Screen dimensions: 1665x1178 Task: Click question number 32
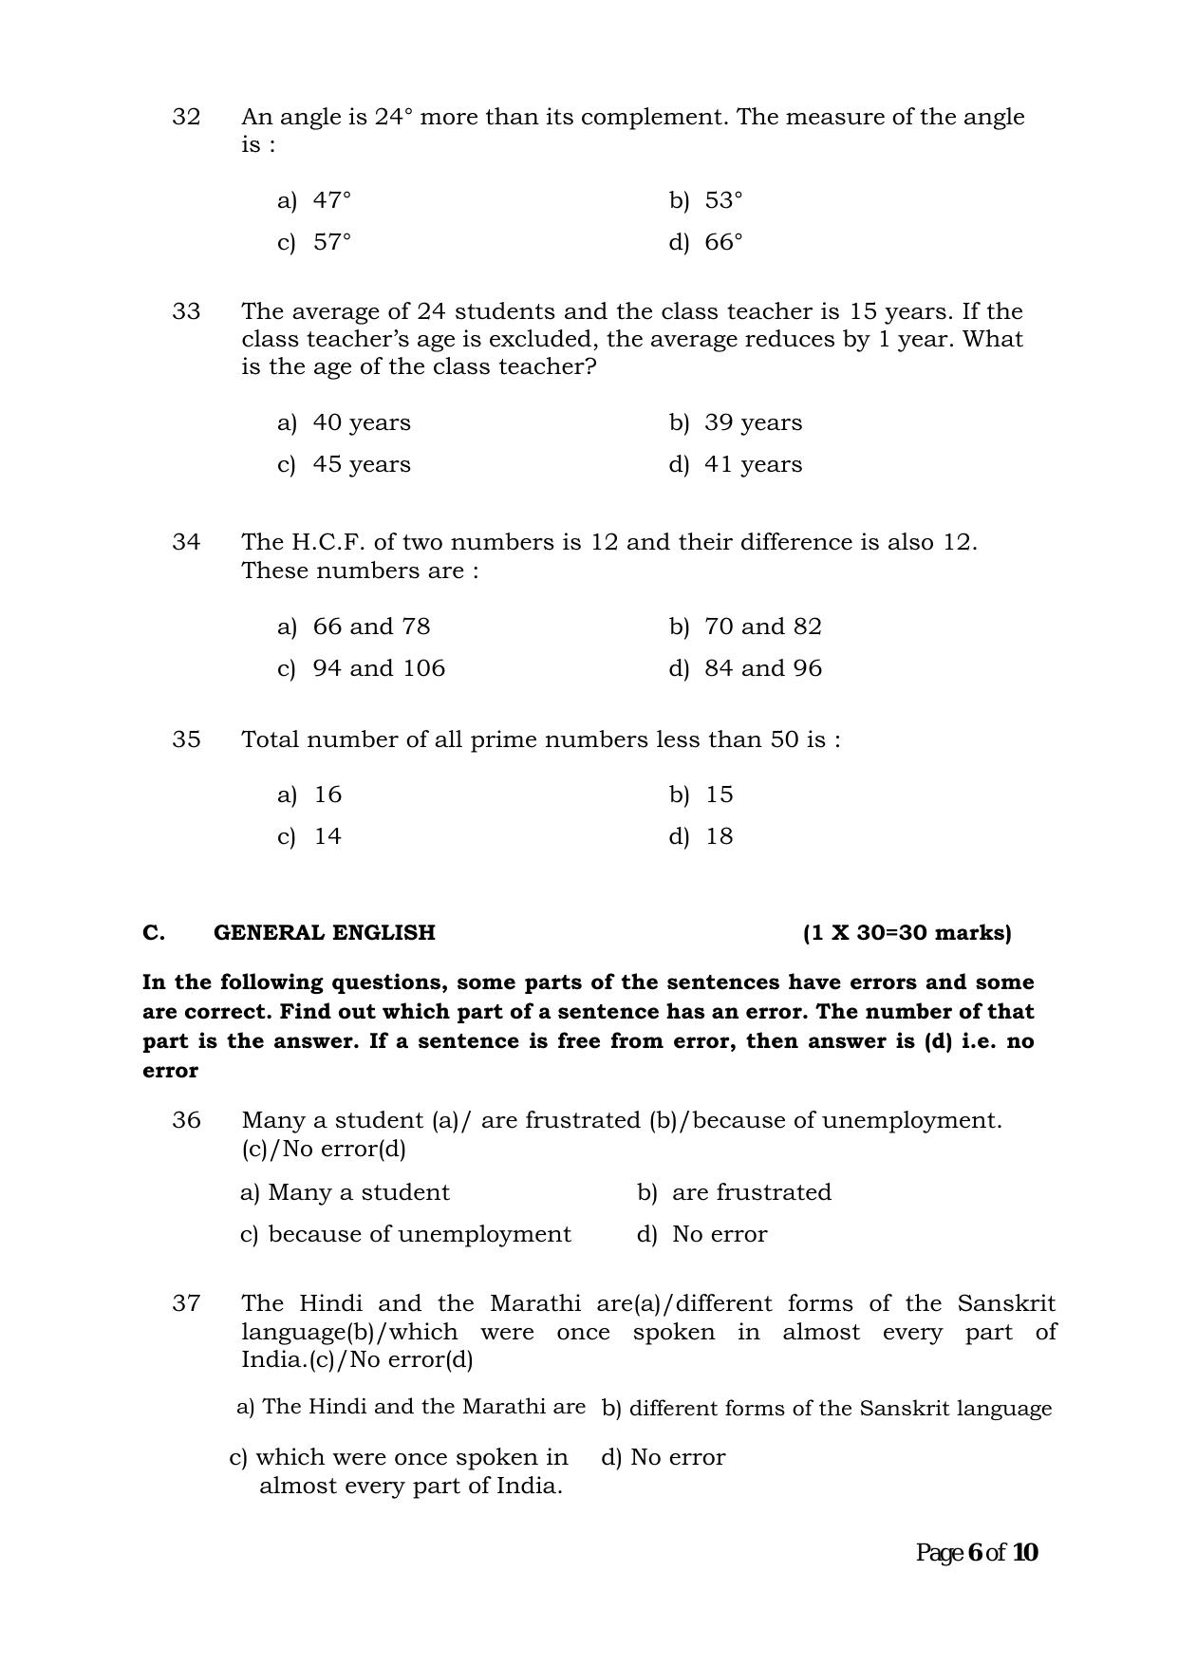coord(186,117)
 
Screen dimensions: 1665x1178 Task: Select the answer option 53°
coord(706,200)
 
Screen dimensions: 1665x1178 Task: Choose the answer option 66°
coord(706,242)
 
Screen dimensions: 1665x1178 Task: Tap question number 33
coord(186,311)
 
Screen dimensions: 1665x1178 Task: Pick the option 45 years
coord(345,464)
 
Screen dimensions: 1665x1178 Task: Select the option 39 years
coord(737,422)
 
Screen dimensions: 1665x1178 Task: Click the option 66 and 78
coord(354,627)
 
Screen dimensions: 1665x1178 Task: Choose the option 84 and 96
coord(746,668)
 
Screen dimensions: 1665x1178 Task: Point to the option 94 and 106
coord(362,668)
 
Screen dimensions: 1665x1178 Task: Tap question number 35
coord(186,739)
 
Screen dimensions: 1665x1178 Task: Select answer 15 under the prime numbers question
coord(702,795)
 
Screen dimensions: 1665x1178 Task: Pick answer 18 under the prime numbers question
coord(702,836)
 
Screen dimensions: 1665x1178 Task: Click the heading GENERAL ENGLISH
coord(324,932)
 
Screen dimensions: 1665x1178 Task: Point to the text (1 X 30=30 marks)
coord(907,932)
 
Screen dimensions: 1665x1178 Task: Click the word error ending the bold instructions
coord(170,1071)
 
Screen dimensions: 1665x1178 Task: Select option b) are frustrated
coord(734,1192)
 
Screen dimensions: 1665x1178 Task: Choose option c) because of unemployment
coord(405,1234)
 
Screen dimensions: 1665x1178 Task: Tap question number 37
coord(186,1303)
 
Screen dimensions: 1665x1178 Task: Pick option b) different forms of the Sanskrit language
coord(826,1408)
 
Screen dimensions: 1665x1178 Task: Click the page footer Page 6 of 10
coord(977,1553)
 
